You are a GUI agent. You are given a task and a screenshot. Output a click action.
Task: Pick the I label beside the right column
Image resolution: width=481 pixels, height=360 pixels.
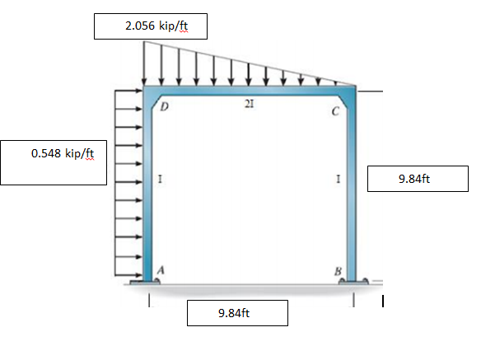pos(339,178)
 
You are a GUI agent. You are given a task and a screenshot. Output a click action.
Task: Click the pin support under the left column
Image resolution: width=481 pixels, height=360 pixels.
pos(148,283)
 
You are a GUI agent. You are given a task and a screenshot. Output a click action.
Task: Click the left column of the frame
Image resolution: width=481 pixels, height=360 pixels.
pos(148,189)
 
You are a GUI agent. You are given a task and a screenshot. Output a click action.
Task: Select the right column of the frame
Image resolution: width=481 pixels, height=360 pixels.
pos(352,189)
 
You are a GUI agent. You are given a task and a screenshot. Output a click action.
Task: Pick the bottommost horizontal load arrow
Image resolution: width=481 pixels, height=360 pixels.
pos(128,275)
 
